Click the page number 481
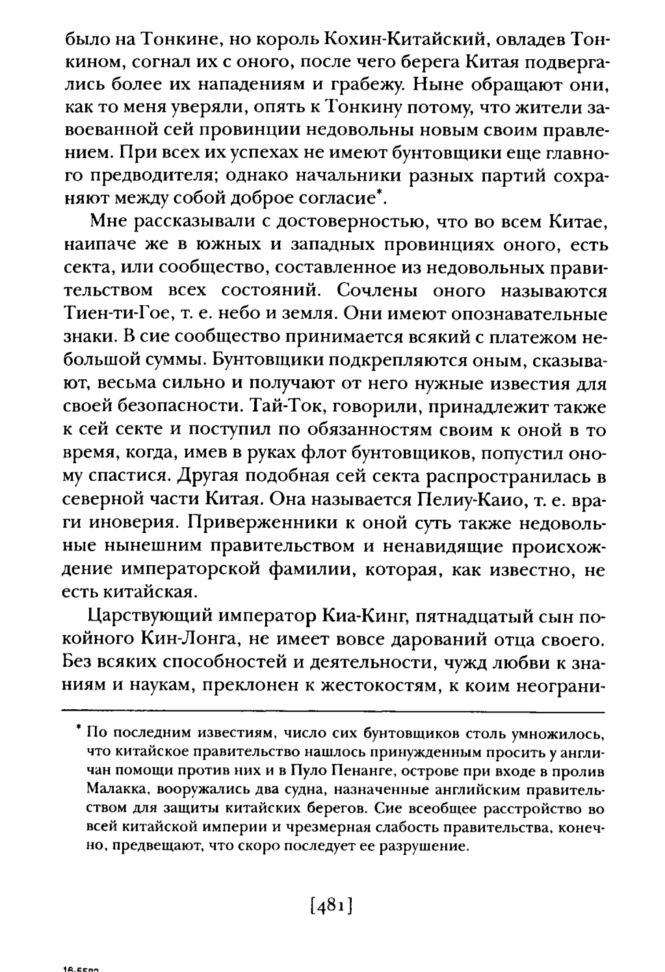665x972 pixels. (x=332, y=904)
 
